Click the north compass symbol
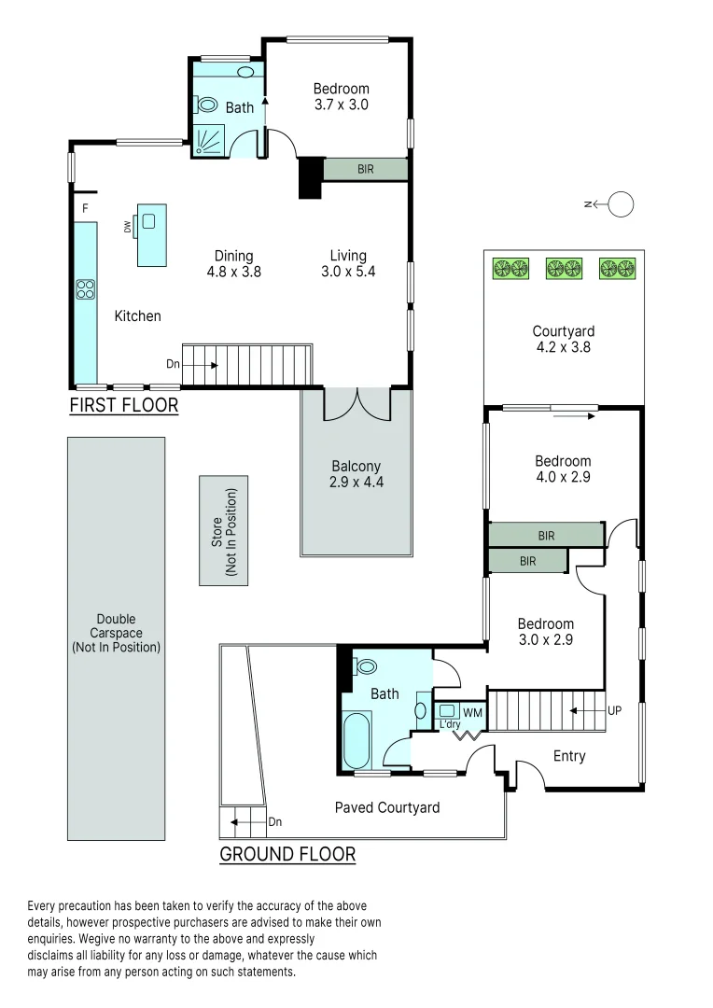tap(620, 203)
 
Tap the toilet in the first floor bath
tap(206, 105)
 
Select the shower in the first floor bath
tap(209, 140)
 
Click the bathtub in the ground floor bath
tap(357, 739)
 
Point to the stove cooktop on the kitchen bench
tap(86, 289)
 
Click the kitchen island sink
tap(148, 222)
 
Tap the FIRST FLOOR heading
tap(123, 406)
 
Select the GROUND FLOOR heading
tap(287, 853)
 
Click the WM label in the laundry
tap(472, 712)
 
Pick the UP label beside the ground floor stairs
tap(614, 710)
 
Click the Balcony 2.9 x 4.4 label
tap(356, 474)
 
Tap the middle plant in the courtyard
tap(563, 268)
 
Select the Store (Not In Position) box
tap(224, 530)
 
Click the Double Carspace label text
tap(116, 633)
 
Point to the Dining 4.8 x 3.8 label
tap(233, 264)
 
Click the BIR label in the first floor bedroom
tap(366, 169)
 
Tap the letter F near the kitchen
tap(85, 207)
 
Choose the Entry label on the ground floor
tap(569, 756)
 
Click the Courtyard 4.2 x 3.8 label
tap(563, 338)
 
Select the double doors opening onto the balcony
tap(356, 403)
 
